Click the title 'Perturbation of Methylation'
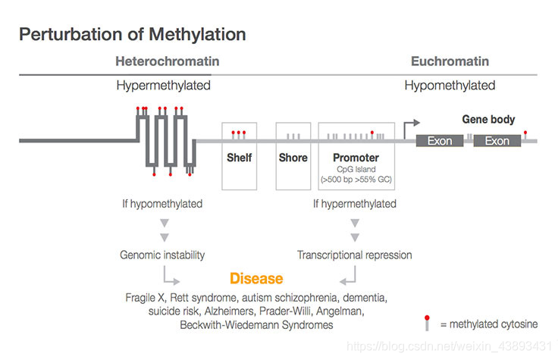pos(132,34)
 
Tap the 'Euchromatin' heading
pos(450,61)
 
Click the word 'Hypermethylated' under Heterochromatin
pos(163,85)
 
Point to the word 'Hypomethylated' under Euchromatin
pos(450,85)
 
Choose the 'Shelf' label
pos(240,158)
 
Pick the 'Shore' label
pos(293,158)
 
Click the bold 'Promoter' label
pos(356,158)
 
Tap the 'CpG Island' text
pos(356,170)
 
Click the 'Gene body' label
pos(488,119)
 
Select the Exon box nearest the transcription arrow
pos(440,141)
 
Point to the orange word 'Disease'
pos(256,278)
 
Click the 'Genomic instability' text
pos(162,255)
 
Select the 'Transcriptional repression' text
pos(355,255)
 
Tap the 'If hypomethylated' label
pos(162,203)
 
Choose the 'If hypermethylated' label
pos(355,203)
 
